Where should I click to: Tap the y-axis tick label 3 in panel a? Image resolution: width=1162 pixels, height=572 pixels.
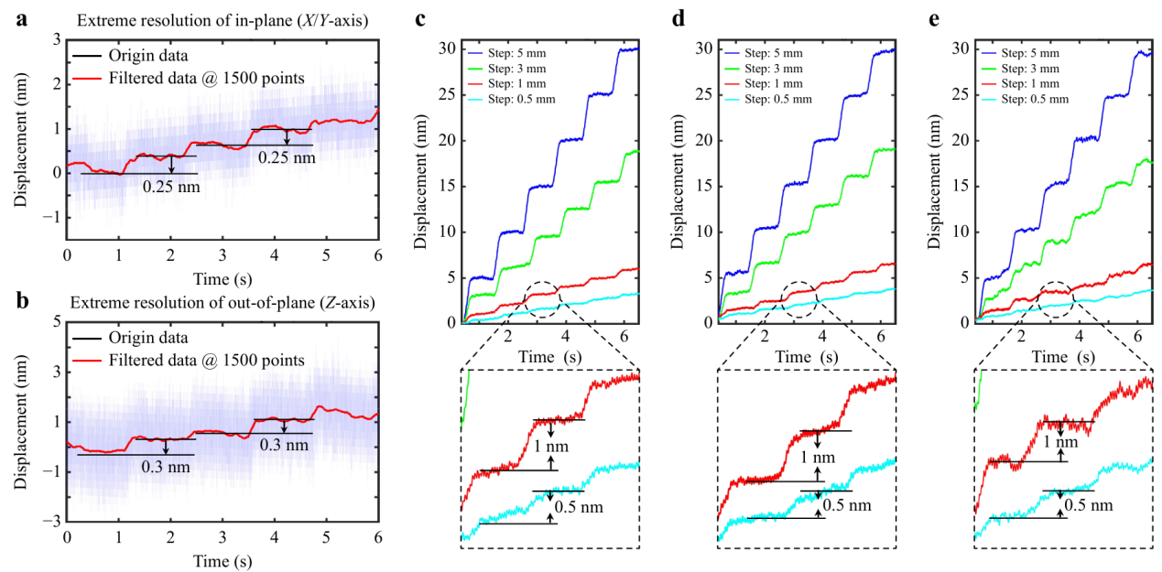pyautogui.click(x=56, y=39)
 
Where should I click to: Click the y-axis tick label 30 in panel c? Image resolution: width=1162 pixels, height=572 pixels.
pyautogui.click(x=448, y=48)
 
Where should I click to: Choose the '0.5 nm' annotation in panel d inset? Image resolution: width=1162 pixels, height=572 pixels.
pyautogui.click(x=841, y=505)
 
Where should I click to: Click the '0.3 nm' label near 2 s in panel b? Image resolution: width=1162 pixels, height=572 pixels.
pyautogui.click(x=165, y=467)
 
